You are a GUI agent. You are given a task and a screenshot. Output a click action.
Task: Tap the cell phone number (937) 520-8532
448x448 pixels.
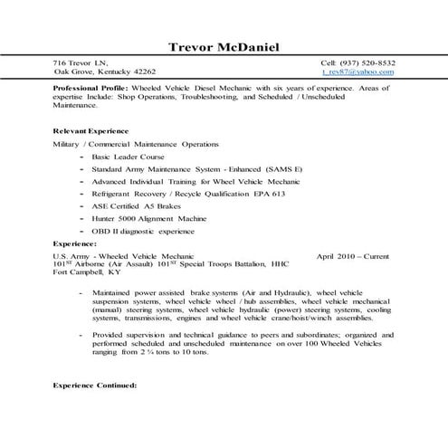click(367, 62)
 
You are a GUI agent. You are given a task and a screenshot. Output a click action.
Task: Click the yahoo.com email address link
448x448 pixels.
click(357, 71)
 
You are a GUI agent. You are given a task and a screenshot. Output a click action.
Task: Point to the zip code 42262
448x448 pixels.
click(143, 71)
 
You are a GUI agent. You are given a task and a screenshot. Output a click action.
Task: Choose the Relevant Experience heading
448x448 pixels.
click(91, 131)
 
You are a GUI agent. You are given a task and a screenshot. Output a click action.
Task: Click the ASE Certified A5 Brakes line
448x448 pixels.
click(159, 206)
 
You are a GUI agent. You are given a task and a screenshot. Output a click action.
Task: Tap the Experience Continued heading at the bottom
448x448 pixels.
click(95, 386)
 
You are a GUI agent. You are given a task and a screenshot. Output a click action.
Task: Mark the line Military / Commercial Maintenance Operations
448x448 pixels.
click(136, 144)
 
